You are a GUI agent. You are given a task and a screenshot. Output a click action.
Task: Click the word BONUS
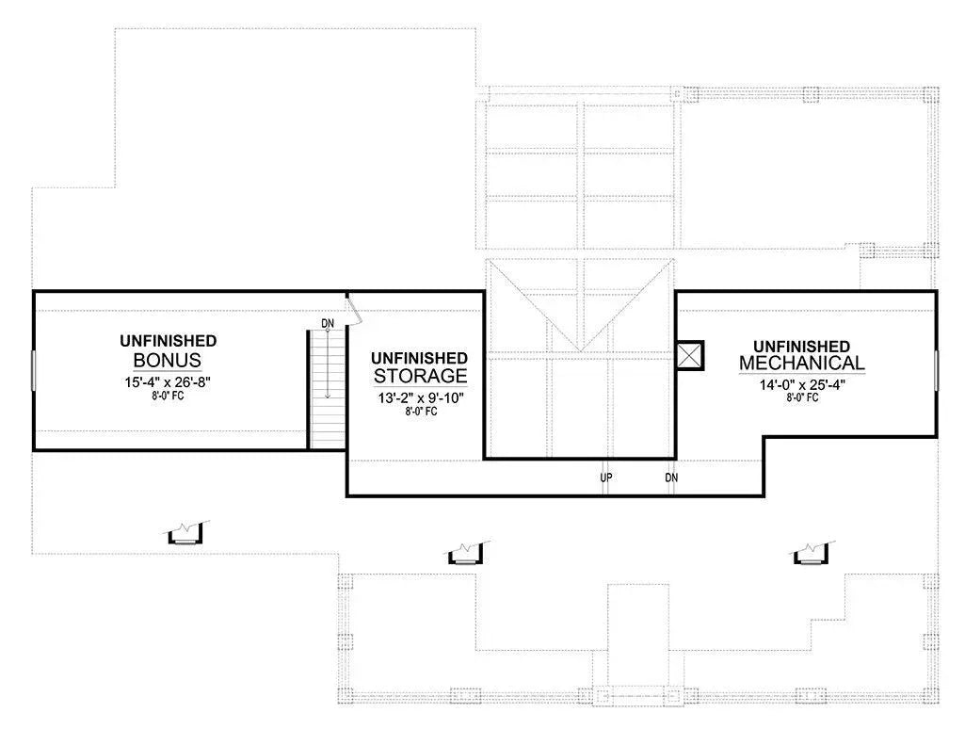[x=168, y=361]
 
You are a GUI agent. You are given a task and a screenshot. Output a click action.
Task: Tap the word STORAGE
[x=420, y=377]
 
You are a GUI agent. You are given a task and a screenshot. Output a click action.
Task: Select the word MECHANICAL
[x=802, y=364]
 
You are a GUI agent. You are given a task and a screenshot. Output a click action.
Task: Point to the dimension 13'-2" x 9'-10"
[x=420, y=397]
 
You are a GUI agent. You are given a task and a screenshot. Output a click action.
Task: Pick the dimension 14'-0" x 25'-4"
[x=802, y=383]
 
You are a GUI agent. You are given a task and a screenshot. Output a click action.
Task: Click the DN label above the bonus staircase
[x=328, y=324]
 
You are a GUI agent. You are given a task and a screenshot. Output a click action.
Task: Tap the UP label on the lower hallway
[x=606, y=478]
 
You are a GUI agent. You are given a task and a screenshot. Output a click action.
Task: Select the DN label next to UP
[x=671, y=478]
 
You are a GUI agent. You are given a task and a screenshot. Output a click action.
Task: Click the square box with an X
[x=690, y=355]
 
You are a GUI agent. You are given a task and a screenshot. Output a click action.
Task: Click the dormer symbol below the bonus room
[x=187, y=534]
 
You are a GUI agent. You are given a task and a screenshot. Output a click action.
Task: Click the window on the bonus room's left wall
[x=34, y=369]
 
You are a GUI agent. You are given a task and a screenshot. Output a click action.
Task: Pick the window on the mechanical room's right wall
[x=936, y=366]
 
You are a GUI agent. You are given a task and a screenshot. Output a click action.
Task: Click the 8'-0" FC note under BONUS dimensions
[x=168, y=396]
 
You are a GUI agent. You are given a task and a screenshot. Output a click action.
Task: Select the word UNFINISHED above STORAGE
[x=420, y=358]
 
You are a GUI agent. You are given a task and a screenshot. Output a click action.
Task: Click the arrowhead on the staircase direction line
[x=328, y=397]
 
